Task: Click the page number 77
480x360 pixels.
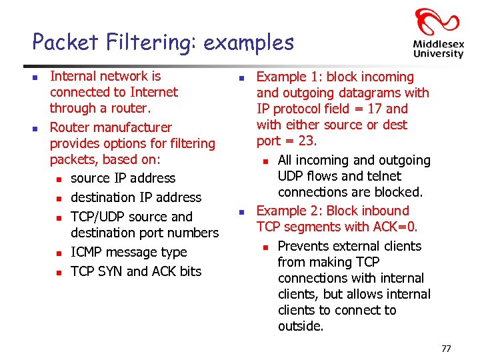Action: click(x=446, y=348)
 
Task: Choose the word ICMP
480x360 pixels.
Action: click(x=87, y=252)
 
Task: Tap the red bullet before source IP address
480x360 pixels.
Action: click(x=59, y=179)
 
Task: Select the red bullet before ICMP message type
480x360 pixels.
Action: click(x=59, y=253)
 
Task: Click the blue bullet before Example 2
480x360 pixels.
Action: click(x=243, y=211)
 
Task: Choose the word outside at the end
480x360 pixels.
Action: click(x=300, y=326)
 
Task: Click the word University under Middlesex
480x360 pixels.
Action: click(x=438, y=54)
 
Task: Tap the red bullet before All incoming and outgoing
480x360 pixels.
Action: click(x=265, y=161)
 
